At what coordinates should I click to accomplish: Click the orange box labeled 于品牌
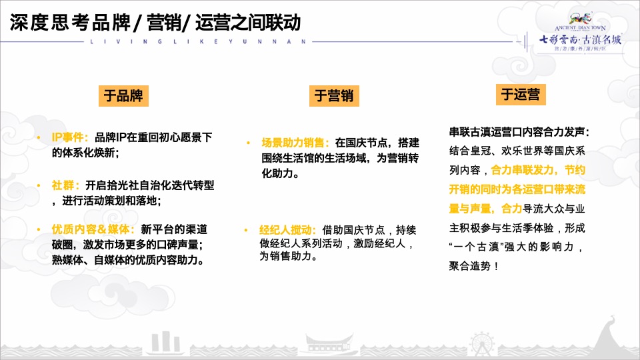[x=123, y=95]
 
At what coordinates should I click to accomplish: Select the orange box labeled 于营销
[x=333, y=96]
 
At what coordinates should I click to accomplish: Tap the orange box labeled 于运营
[x=520, y=94]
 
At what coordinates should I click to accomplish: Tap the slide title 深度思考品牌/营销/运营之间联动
[x=155, y=23]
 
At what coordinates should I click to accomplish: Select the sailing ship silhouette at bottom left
[x=164, y=342]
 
